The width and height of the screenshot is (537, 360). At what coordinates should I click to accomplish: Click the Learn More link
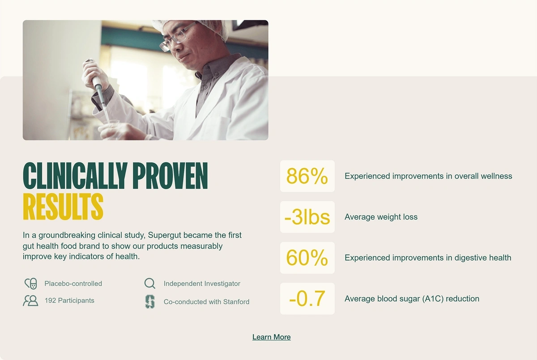pyautogui.click(x=271, y=337)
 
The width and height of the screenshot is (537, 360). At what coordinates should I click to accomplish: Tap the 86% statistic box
pyautogui.click(x=307, y=176)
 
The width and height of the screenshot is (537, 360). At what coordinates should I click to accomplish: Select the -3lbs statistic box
pyautogui.click(x=307, y=217)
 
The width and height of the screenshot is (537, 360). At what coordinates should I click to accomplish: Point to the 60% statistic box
pyautogui.click(x=307, y=258)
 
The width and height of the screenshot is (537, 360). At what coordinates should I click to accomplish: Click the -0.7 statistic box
pyautogui.click(x=307, y=299)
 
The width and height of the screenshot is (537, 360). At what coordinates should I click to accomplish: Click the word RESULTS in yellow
pyautogui.click(x=63, y=207)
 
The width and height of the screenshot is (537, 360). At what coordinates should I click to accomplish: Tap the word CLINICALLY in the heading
pyautogui.click(x=75, y=176)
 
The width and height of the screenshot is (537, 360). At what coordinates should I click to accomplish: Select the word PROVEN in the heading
pyautogui.click(x=170, y=176)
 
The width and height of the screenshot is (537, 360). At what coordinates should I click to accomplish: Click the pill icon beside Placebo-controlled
pyautogui.click(x=31, y=284)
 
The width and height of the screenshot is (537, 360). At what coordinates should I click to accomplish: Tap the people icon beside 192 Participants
pyautogui.click(x=30, y=301)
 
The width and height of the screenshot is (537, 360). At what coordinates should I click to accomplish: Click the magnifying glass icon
pyautogui.click(x=150, y=284)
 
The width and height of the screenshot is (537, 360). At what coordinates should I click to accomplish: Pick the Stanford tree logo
pyautogui.click(x=150, y=301)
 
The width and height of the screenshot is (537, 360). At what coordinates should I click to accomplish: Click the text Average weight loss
pyautogui.click(x=381, y=217)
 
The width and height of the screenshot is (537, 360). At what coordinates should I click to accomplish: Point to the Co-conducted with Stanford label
pyautogui.click(x=206, y=302)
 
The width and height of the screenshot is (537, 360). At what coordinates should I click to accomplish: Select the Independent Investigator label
pyautogui.click(x=202, y=284)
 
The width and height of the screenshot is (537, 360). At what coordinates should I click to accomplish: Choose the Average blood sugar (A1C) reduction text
pyautogui.click(x=412, y=299)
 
